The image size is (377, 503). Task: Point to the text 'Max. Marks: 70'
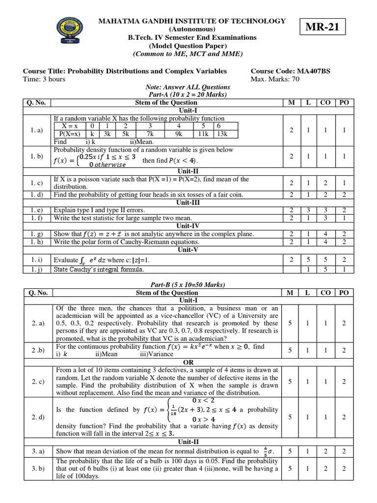click(x=277, y=79)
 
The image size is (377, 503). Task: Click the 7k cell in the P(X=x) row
click(x=150, y=134)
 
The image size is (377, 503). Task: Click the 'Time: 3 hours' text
click(x=44, y=79)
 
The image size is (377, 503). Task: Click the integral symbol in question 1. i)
click(x=84, y=260)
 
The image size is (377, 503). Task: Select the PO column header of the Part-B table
click(x=344, y=293)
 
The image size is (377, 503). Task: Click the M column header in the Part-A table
click(x=291, y=103)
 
